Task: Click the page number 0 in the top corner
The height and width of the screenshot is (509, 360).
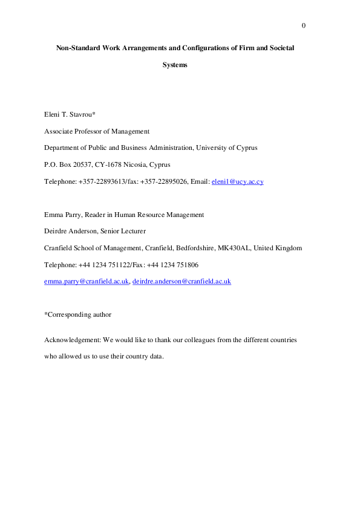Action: [303, 25]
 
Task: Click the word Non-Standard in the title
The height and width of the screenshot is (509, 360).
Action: [77, 47]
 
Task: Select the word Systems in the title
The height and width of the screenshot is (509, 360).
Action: [175, 64]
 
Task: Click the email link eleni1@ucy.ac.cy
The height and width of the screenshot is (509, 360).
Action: [237, 181]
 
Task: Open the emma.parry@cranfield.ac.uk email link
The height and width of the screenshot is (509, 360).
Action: [87, 281]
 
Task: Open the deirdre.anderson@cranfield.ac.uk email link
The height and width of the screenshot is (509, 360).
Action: [182, 281]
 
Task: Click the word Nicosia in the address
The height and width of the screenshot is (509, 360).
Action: [125, 164]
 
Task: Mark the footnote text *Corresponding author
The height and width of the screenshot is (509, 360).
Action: [77, 314]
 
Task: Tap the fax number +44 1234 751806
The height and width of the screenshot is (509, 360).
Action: [172, 265]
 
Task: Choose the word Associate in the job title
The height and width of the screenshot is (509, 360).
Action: [58, 131]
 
